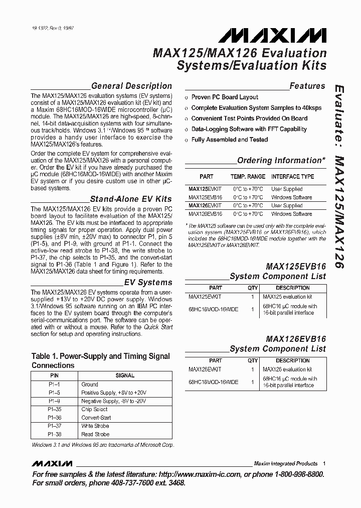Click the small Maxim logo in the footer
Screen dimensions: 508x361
52,463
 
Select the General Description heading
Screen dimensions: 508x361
131,86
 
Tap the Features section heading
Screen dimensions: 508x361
307,86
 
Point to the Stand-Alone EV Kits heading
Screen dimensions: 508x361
130,199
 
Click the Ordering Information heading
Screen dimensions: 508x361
281,161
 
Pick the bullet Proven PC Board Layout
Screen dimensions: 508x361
225,97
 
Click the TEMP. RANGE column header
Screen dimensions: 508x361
248,177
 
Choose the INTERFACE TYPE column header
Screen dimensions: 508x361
292,177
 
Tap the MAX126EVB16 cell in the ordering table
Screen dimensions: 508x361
205,214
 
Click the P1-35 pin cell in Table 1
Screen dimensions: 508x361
55,410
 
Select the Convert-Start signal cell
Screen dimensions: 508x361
96,418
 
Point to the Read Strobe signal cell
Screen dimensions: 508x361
95,434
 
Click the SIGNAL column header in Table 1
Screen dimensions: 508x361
125,375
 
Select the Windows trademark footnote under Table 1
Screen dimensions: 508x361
103,445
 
